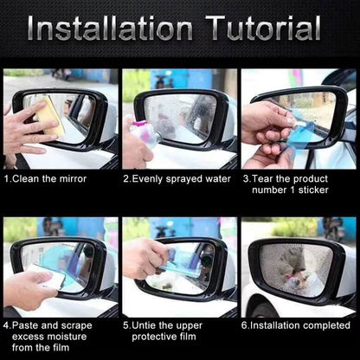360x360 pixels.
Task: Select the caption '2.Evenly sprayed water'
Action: (x=177, y=179)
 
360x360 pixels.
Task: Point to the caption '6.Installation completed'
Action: (x=297, y=326)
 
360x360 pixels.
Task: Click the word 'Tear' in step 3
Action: (x=265, y=179)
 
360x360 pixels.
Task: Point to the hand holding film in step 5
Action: (x=143, y=258)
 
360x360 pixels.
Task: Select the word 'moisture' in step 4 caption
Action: (x=69, y=338)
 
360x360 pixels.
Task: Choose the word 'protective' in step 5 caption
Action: (x=158, y=338)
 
